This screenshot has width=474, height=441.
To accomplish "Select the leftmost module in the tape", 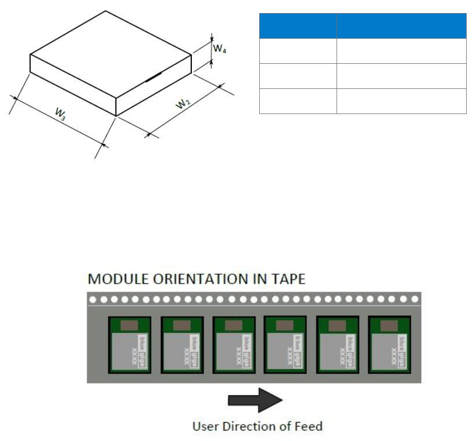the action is click(130, 345).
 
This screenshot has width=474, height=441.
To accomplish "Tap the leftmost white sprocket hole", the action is click(93, 300).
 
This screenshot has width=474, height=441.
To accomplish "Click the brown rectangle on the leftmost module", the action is click(130, 325).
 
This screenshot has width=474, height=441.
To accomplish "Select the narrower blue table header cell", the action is click(298, 26).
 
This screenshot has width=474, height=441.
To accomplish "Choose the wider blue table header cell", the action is click(401, 26).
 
